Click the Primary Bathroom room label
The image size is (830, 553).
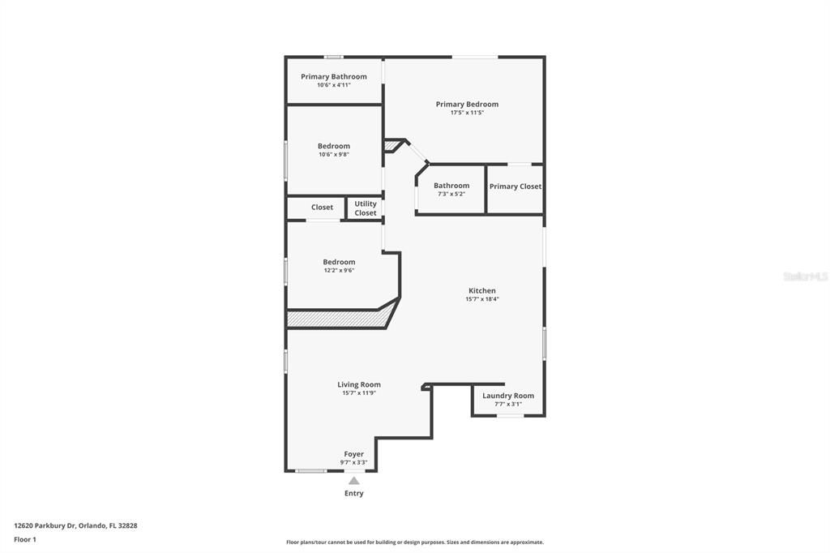coord(333,77)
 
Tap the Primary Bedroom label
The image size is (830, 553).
coord(467,104)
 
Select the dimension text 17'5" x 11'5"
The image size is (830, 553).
coord(467,113)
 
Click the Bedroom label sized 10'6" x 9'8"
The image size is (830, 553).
coord(333,146)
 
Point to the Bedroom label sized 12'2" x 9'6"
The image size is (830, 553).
coord(339,262)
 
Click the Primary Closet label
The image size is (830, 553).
coord(516,186)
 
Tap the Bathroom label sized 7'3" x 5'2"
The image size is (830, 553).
coord(451,186)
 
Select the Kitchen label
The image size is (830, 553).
coord(481,290)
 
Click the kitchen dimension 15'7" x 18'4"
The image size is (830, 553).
coord(481,299)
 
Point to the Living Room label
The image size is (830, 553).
coord(359,384)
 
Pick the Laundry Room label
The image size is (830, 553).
coord(508,396)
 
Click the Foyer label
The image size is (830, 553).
coord(353,454)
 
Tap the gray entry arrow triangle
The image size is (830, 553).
coord(354,481)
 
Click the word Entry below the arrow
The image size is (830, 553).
coord(354,493)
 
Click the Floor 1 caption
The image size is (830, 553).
coord(25,539)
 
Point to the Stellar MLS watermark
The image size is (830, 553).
coord(805,276)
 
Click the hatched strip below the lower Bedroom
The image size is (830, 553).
coord(336,319)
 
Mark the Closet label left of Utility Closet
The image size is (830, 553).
coord(322,208)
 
